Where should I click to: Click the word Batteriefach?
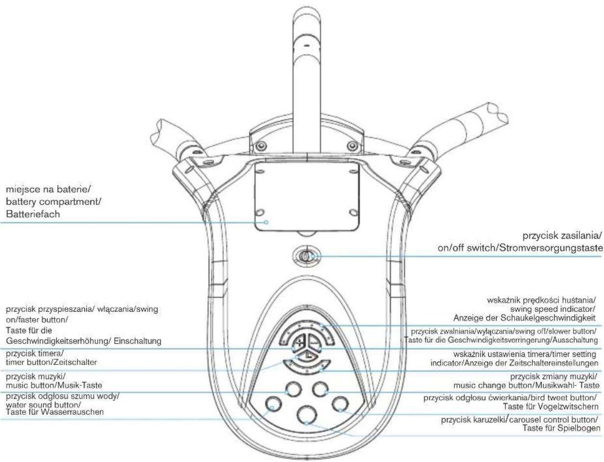[x=33, y=214]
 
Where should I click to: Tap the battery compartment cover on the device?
[x=307, y=196]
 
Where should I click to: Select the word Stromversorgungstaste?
[x=551, y=248]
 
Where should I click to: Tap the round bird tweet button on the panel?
[x=341, y=404]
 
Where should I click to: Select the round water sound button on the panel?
[x=273, y=404]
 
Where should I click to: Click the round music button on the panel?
[x=293, y=389]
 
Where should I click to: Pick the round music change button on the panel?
[x=321, y=389]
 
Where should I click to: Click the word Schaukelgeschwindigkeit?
[x=548, y=318]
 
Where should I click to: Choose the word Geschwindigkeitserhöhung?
[x=56, y=341]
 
